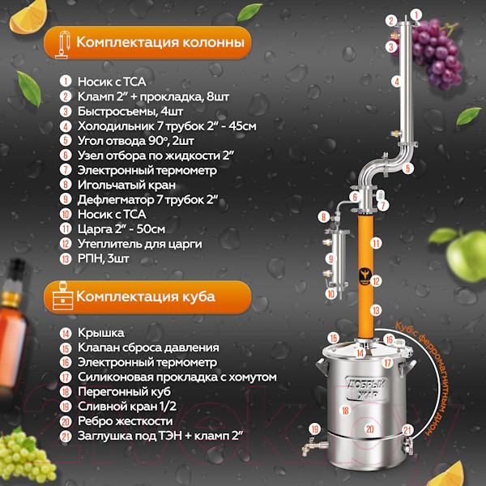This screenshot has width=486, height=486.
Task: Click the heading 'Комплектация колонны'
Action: click(160, 42)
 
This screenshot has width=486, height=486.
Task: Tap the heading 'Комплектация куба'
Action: click(146, 296)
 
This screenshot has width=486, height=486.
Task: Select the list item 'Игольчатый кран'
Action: click(126, 185)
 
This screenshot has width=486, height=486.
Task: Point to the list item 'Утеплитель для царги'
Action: click(139, 244)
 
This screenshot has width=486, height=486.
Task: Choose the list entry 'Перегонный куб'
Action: click(124, 391)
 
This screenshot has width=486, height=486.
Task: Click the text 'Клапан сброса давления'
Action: click(148, 347)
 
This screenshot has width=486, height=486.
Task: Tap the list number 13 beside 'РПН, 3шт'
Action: click(66, 259)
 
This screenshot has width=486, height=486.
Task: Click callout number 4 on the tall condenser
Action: click(396, 82)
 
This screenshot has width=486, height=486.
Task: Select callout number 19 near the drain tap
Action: click(315, 429)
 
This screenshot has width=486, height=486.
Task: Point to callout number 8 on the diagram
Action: click(324, 216)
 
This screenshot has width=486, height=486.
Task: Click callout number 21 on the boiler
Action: click(407, 431)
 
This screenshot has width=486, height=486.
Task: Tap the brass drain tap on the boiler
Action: click(314, 447)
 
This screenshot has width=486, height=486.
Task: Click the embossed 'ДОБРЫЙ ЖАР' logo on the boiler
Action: click(366, 388)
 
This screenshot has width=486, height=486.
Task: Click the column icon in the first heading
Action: click(63, 44)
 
